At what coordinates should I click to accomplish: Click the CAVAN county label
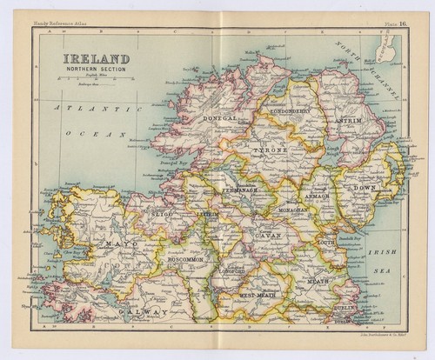pyautogui.click(x=266, y=236)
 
